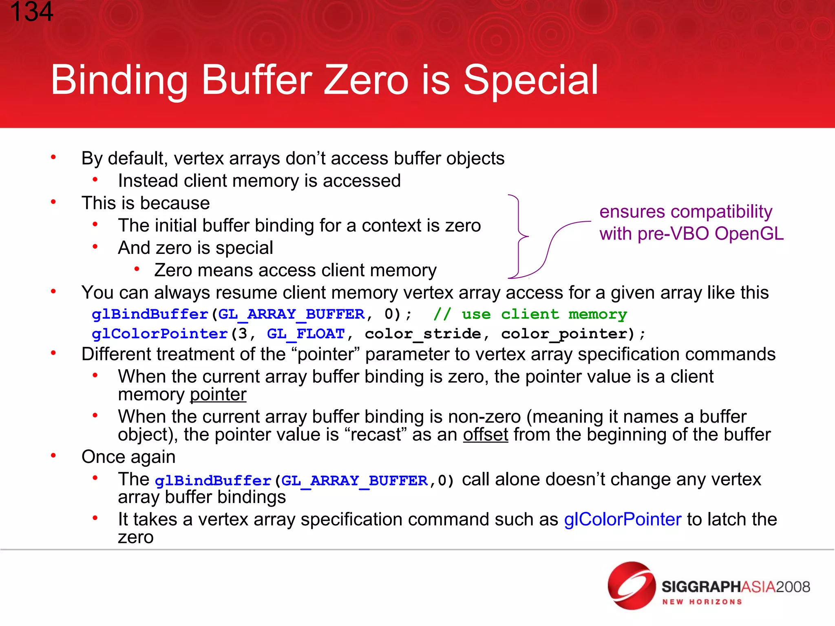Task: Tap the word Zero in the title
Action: (x=366, y=80)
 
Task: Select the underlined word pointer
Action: (x=218, y=395)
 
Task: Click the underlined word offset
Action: (x=485, y=434)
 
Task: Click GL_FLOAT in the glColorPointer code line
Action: (x=306, y=334)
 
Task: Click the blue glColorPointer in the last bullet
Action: (x=622, y=519)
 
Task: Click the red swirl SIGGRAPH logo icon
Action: (x=631, y=586)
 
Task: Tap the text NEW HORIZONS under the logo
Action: (x=702, y=602)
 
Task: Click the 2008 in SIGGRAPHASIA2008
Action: (x=793, y=587)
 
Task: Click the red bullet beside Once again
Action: (x=53, y=456)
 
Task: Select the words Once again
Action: (x=128, y=457)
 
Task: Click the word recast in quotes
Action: (x=375, y=434)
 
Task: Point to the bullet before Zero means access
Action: (x=137, y=269)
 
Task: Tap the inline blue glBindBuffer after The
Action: (x=213, y=481)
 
